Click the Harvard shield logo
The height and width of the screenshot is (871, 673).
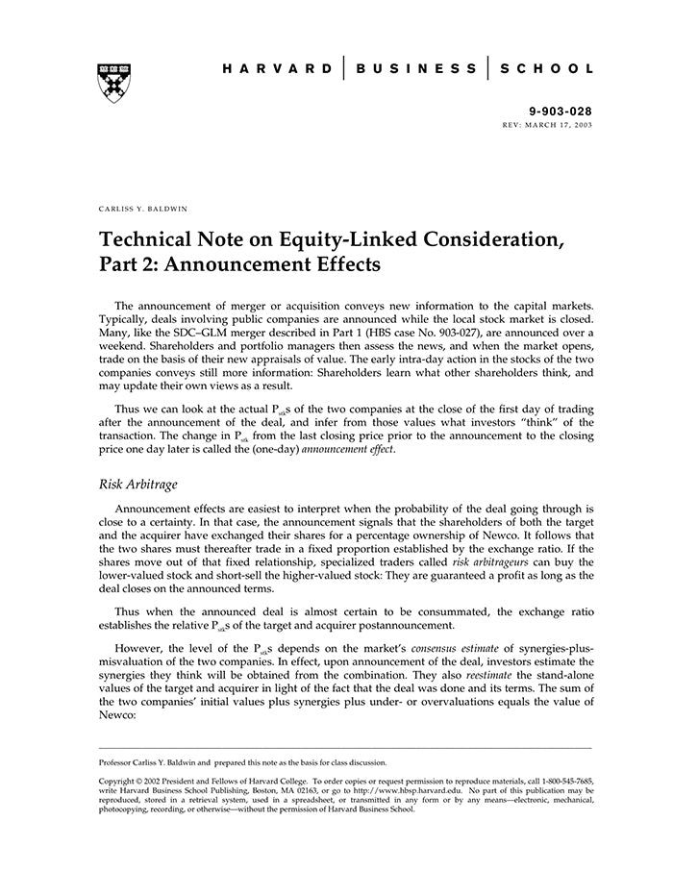click(x=112, y=82)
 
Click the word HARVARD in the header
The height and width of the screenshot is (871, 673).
click(x=277, y=68)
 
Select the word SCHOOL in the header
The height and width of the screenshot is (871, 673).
click(x=548, y=68)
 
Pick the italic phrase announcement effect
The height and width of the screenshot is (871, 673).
click(x=349, y=448)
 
